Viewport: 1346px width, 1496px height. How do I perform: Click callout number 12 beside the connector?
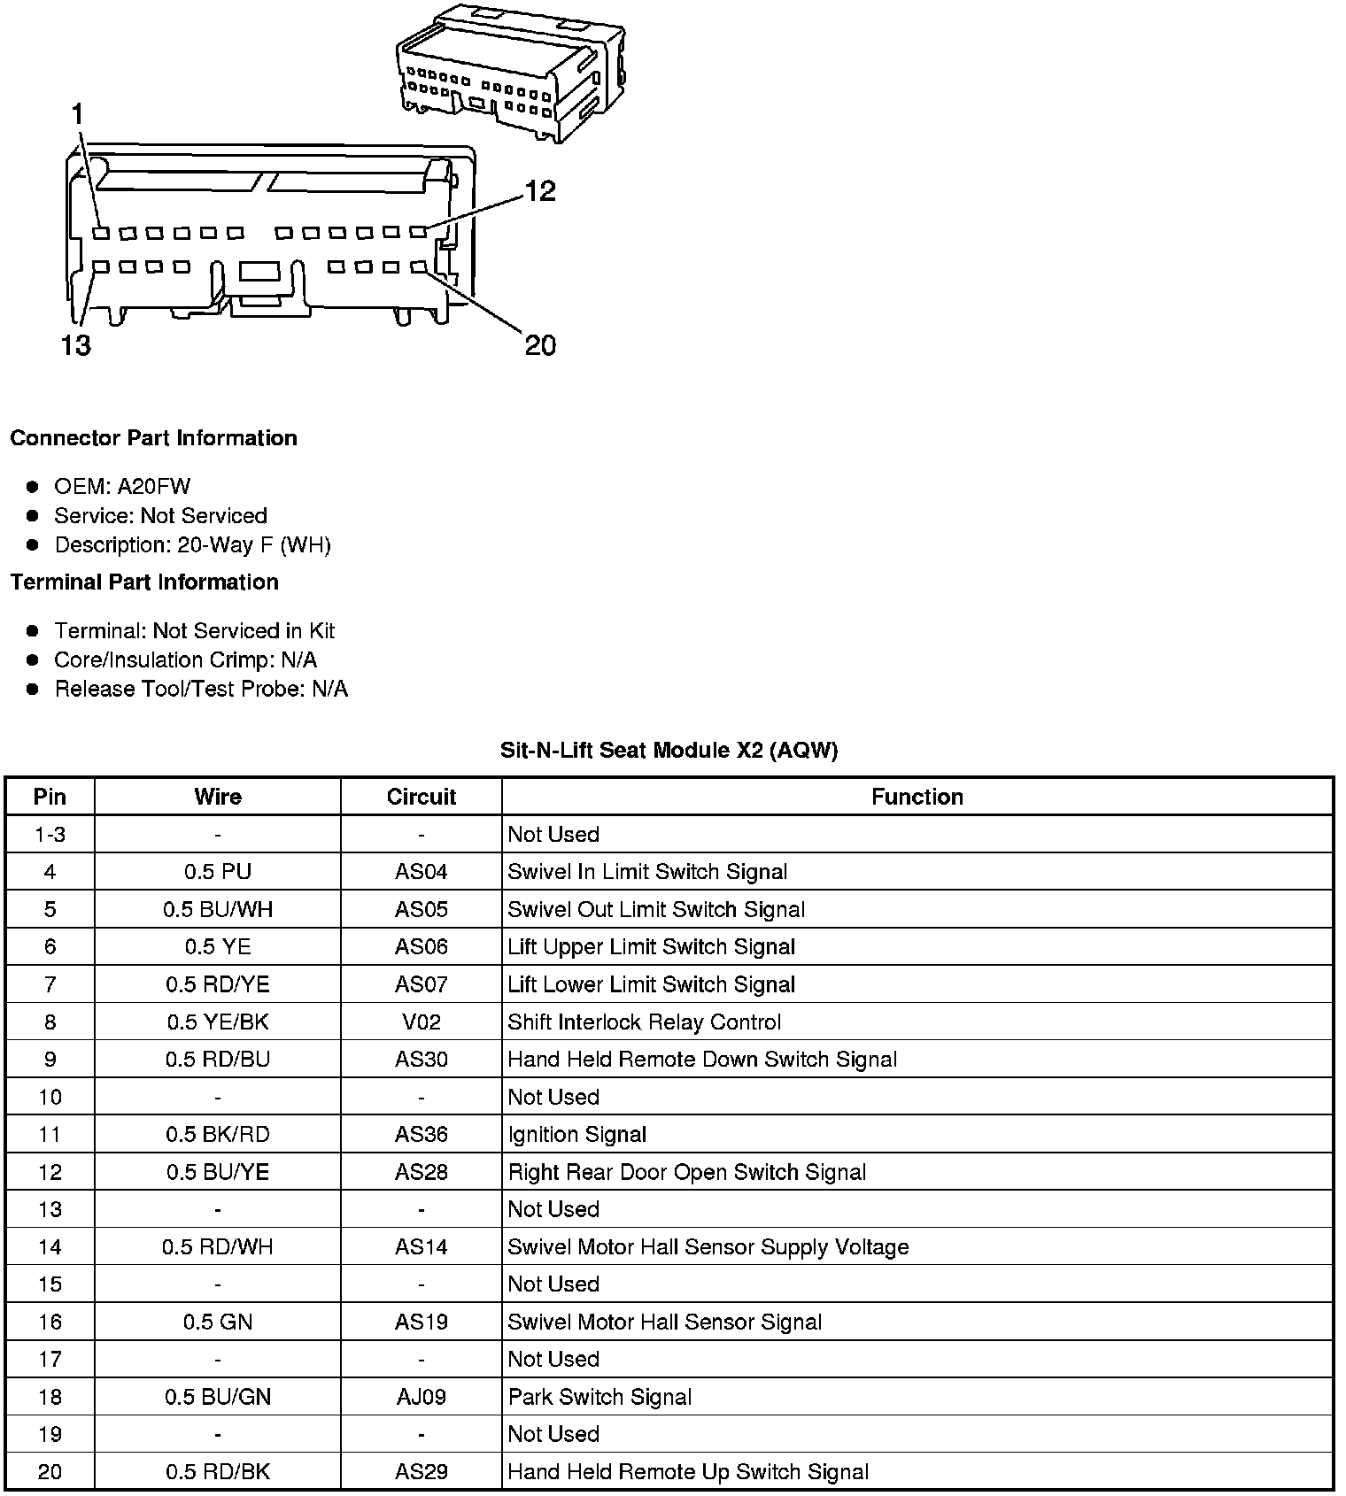tap(540, 191)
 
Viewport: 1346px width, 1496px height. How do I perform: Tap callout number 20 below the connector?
tap(540, 344)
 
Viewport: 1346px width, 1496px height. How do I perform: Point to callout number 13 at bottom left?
tap(76, 344)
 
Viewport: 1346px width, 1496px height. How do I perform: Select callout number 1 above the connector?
tap(78, 114)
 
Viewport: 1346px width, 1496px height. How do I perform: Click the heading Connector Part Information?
tap(154, 438)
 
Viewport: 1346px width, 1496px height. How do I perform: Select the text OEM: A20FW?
tap(122, 486)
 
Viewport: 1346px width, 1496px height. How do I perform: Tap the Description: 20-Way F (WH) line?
tap(192, 544)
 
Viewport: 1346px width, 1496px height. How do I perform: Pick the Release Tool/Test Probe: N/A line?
tap(201, 689)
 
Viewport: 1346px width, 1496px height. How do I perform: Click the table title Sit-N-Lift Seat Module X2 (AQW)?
tap(669, 751)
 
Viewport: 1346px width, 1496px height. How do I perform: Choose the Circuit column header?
tap(421, 797)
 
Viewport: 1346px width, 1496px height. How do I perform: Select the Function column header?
tap(917, 797)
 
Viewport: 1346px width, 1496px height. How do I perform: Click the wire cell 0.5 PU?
tap(218, 872)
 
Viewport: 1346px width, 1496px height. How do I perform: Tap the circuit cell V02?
tap(421, 1022)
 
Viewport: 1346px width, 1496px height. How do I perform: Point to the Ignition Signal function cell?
tap(577, 1135)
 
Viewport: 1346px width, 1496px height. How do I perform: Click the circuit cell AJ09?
tap(421, 1397)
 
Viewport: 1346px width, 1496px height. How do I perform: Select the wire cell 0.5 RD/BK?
tap(218, 1472)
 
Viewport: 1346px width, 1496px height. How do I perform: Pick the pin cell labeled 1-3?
tap(50, 835)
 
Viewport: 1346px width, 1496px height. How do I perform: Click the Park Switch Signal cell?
tap(600, 1397)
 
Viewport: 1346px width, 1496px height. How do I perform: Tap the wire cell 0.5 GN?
tap(218, 1322)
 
